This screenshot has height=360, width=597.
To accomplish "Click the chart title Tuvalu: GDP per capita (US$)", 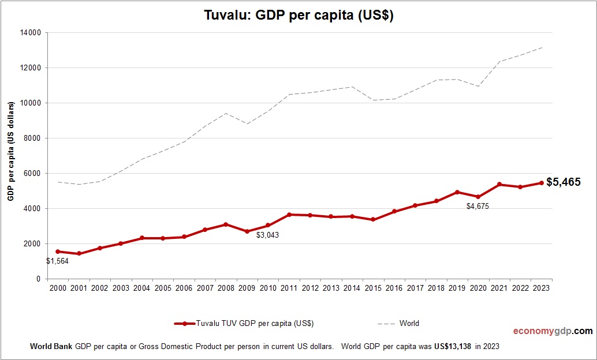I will (298, 16).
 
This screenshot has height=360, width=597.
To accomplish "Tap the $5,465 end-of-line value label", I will (564, 182).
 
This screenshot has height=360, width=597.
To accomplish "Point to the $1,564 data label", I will (58, 261).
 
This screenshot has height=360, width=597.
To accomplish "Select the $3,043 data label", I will (268, 235).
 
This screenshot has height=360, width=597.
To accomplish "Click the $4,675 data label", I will (478, 206).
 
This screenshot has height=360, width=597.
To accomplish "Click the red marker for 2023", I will (542, 183).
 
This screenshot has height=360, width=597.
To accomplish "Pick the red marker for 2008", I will (226, 224).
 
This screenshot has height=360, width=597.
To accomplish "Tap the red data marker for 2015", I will (373, 220).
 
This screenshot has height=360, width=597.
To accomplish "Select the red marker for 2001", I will (79, 254).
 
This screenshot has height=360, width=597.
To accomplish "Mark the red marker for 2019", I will (457, 192).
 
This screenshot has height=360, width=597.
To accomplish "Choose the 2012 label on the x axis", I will (310, 288).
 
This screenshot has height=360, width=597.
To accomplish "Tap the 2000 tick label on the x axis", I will (58, 288).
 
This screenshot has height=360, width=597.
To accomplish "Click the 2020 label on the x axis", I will (478, 288).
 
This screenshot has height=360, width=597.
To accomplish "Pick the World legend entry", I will (409, 324).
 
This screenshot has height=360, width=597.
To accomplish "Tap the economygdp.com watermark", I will (553, 331).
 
